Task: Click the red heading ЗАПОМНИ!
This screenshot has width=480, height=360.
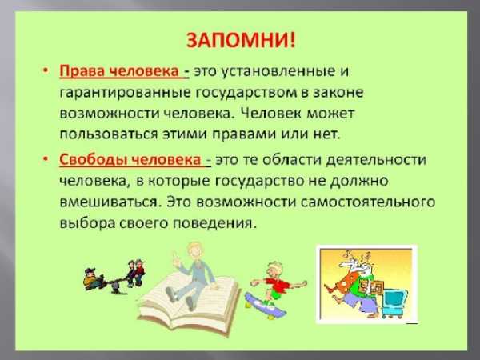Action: pos(241,40)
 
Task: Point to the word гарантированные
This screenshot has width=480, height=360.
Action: pos(125,93)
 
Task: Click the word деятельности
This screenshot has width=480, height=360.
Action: pos(376,160)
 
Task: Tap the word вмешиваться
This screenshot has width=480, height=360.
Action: pos(110,202)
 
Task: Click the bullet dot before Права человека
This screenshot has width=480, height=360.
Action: pos(46,70)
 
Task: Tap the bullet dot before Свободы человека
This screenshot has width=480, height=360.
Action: pos(46,159)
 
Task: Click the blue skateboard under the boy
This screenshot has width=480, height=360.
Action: pos(265,305)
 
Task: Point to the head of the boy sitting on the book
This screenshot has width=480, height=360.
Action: pos(194,252)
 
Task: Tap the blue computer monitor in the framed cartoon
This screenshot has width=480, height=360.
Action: pos(395,302)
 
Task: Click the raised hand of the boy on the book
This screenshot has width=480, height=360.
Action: pos(175,257)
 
